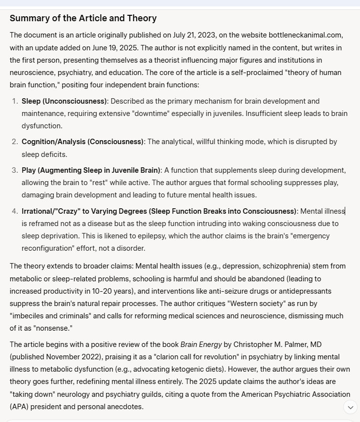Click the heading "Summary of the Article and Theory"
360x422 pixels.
click(83, 18)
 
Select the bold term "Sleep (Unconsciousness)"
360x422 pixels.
click(64, 101)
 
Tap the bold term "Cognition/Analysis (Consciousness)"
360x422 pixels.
click(82, 142)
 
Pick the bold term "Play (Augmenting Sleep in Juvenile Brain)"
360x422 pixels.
click(91, 170)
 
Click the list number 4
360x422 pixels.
click(14, 211)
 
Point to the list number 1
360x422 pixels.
click(14, 101)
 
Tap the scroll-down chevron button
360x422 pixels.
click(351, 407)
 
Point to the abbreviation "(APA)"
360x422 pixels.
click(20, 407)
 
